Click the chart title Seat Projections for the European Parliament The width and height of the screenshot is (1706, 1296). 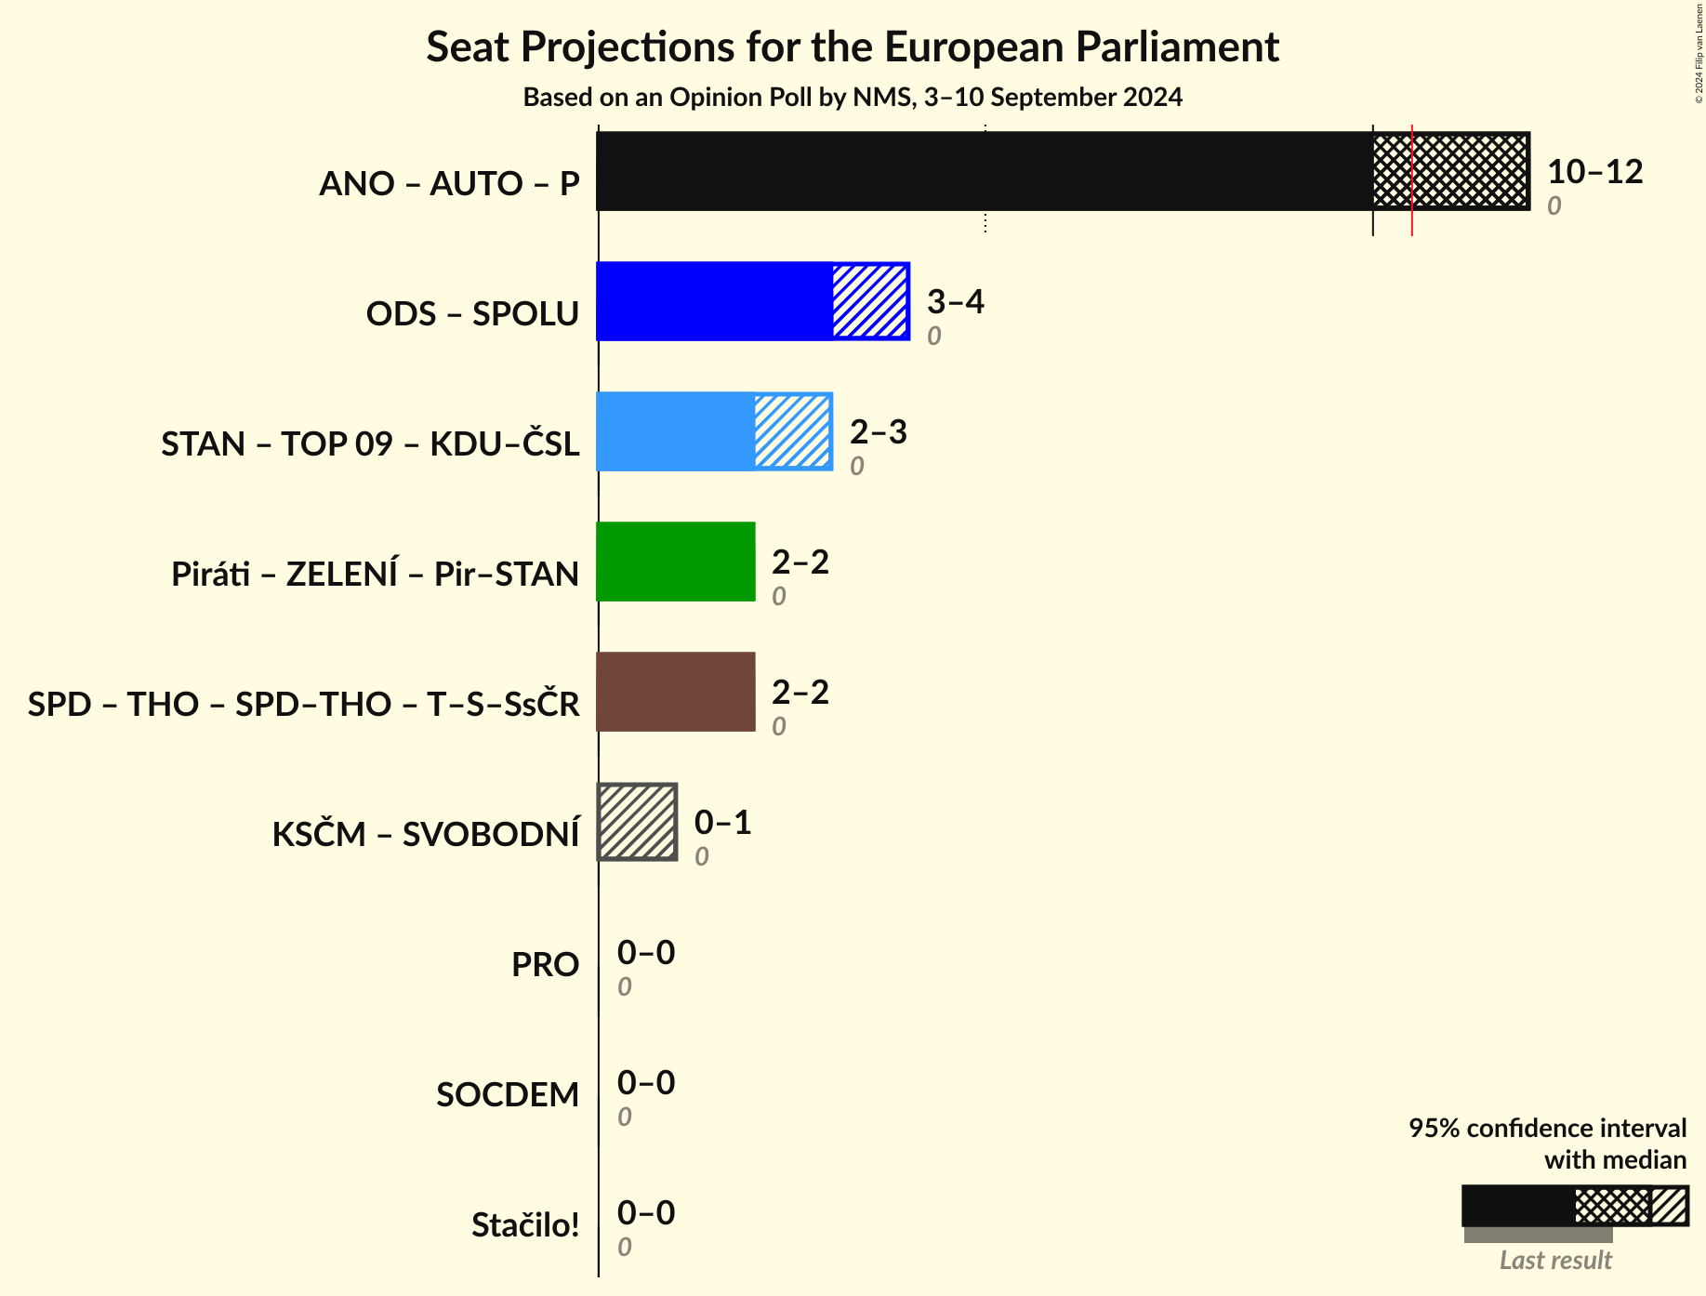[853, 47]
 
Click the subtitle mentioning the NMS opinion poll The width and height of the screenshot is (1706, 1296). [853, 98]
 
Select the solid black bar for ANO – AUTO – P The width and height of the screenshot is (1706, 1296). [984, 171]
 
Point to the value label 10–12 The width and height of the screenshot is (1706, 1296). [1594, 172]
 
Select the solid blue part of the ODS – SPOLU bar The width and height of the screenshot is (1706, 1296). [714, 301]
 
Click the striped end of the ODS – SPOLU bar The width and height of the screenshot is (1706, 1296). [870, 301]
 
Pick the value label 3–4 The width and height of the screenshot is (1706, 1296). [955, 302]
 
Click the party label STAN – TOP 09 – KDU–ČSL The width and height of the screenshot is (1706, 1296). [370, 444]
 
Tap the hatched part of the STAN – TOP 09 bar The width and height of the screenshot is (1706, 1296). [792, 431]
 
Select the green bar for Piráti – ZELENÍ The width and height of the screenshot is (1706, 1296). [676, 562]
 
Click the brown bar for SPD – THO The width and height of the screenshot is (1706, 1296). [676, 692]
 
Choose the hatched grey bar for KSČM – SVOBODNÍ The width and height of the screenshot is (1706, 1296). [638, 822]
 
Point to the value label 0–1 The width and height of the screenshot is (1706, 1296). [722, 823]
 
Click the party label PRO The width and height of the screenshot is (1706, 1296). [545, 965]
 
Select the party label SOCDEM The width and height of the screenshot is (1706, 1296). [508, 1095]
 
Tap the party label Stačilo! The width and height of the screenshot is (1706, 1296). [525, 1225]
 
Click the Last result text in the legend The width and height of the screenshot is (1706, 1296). [1555, 1261]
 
